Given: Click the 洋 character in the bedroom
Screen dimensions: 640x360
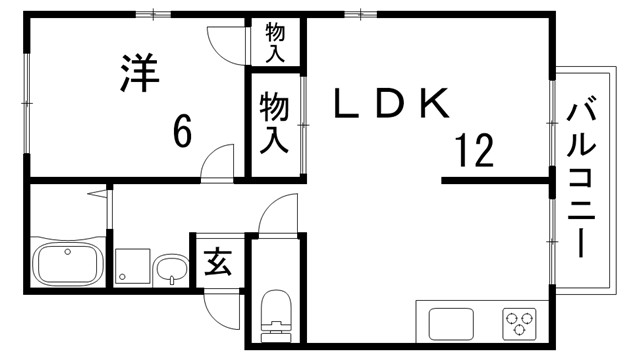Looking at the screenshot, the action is click(x=141, y=74).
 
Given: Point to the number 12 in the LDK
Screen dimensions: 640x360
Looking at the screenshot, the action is click(x=474, y=152).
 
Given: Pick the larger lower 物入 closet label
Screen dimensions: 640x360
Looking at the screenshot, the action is click(x=274, y=122).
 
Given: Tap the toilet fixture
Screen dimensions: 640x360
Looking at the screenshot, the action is click(x=272, y=313).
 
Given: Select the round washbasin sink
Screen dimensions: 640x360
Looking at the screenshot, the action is click(x=172, y=267).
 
